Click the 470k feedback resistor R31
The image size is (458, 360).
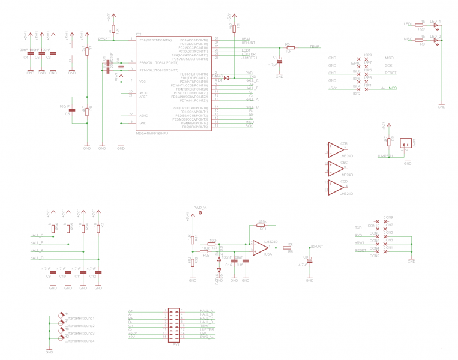point(261,225)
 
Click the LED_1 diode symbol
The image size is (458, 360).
point(436,25)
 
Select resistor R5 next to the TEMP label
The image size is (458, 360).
point(291,47)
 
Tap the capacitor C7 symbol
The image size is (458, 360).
point(279,61)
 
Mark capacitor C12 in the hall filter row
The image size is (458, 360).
point(100,271)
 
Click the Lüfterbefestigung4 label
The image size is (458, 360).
point(79,341)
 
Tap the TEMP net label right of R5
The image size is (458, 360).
point(314,47)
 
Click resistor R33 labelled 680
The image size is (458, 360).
point(193,261)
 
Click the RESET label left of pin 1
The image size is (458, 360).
point(104,39)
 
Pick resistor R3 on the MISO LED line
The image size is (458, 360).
point(422,40)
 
